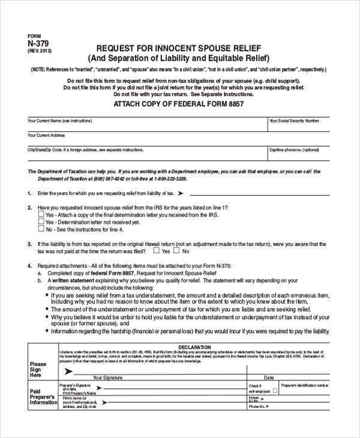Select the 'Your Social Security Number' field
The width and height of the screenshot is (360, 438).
click(298, 125)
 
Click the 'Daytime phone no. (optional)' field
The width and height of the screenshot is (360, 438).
click(298, 154)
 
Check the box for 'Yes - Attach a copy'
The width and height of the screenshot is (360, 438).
click(41, 214)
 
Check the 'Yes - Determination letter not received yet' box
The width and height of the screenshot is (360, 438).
click(41, 221)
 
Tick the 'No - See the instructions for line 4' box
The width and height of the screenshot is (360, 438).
click(41, 229)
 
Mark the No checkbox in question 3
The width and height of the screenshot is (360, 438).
click(178, 251)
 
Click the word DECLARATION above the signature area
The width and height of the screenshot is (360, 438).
click(194, 347)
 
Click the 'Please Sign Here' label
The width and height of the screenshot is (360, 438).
click(38, 370)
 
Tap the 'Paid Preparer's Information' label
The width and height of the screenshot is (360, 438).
click(43, 397)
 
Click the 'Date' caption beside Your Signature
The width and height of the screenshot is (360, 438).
click(269, 377)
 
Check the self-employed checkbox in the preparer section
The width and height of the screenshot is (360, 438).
click(274, 391)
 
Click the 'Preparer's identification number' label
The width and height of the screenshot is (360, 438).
click(305, 385)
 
